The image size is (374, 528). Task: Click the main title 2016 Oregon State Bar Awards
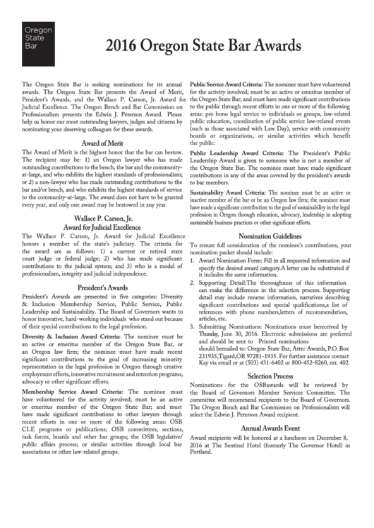tap(203, 47)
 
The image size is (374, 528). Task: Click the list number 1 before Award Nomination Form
tap(193, 260)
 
